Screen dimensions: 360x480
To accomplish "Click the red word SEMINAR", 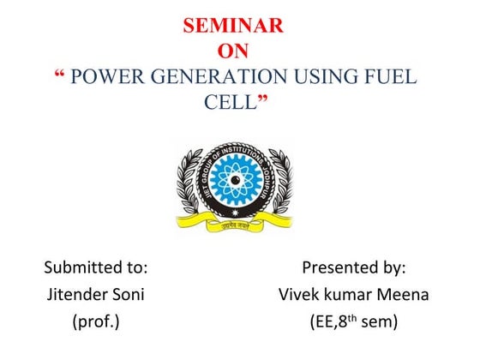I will pos(233,26).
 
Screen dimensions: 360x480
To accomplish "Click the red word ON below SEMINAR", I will pos(233,51).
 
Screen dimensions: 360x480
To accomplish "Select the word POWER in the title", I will pos(101,77).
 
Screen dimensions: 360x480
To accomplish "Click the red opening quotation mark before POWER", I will pos(58,75).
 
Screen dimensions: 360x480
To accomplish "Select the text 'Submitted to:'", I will pos(96,267).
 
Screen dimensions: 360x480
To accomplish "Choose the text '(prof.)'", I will pos(96,322).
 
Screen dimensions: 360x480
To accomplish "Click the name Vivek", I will pos(300,295).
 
